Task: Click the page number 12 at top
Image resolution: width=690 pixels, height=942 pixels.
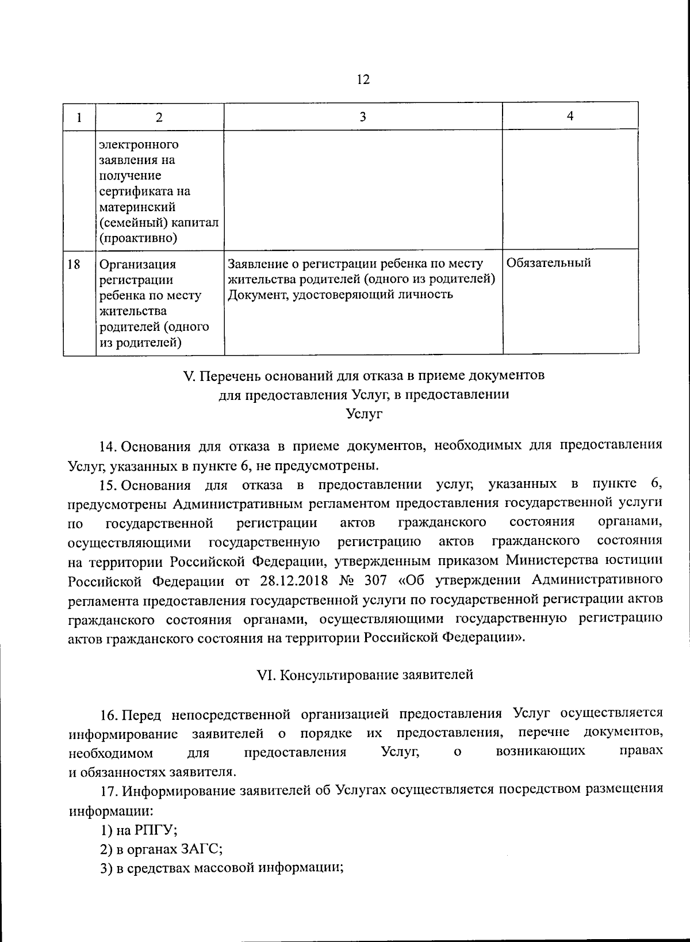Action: pos(363,79)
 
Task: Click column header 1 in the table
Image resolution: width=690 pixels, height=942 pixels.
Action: pos(79,117)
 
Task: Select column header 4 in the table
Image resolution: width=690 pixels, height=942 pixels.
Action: pos(570,116)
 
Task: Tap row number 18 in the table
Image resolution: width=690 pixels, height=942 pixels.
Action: pos(74,264)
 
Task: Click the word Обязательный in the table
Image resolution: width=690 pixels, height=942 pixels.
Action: pos(549,263)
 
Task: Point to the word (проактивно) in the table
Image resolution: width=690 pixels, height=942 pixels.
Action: pos(138,238)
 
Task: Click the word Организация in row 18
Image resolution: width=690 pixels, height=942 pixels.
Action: pos(138,265)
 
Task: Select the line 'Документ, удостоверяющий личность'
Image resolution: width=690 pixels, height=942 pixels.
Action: pos(340,295)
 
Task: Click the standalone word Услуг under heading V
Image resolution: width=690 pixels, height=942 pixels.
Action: pos(365,414)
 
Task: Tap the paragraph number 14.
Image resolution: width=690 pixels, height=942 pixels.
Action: pos(108,445)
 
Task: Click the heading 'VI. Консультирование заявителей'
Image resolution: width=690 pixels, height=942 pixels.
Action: pos(365,674)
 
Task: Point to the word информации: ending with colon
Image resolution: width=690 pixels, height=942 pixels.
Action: pos(111,811)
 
